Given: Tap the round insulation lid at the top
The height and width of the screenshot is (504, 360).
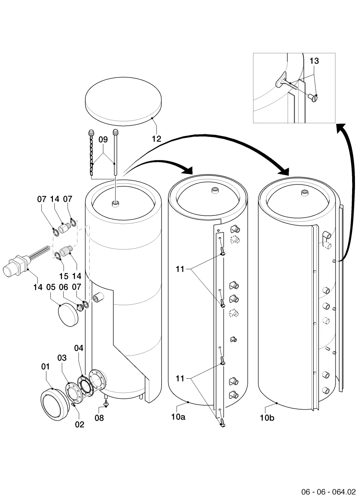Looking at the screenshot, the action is click(123, 101).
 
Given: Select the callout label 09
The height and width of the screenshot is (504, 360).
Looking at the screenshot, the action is click(103, 139).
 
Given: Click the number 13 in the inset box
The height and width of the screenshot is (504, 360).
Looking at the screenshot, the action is click(314, 61).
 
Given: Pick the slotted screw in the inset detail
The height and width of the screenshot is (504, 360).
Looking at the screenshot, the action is click(313, 98).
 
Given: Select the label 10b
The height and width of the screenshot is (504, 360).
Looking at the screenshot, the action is click(267, 418).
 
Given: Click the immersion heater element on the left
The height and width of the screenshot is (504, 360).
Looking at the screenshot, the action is click(27, 262).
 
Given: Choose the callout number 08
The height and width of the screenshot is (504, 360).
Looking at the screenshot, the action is click(99, 418).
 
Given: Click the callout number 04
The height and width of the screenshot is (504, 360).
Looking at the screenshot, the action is click(79, 348).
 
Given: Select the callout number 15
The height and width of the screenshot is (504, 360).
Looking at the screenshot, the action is click(64, 276).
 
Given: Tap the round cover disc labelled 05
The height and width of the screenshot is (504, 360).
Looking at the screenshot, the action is click(68, 315).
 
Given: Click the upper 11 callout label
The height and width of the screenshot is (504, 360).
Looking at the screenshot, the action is click(180, 269).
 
